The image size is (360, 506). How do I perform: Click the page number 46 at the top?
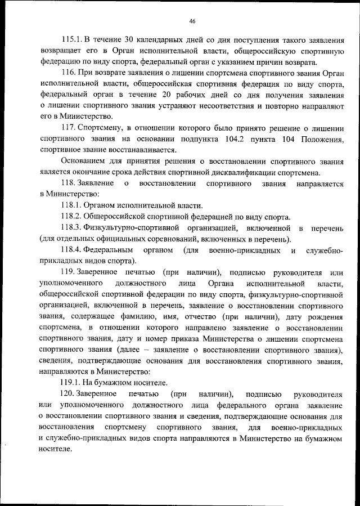(x=192, y=21)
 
